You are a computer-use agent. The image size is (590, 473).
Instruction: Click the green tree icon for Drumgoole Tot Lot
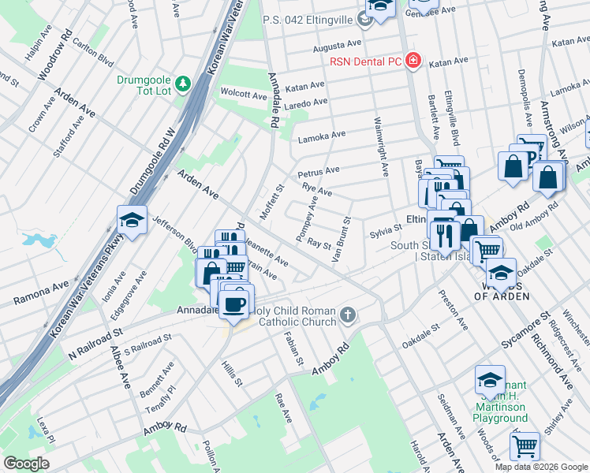coord(183,82)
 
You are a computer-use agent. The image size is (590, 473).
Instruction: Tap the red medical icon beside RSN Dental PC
coord(412,61)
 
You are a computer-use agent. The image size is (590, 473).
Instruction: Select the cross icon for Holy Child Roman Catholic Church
coord(349,316)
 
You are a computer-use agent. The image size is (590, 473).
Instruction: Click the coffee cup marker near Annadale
coord(234,303)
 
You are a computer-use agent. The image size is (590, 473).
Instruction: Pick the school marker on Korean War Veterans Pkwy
coord(132,221)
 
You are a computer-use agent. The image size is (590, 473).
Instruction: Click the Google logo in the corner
coord(27,464)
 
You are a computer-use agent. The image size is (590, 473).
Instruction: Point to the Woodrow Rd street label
coord(57,57)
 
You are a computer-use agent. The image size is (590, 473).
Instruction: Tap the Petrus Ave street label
coord(319,171)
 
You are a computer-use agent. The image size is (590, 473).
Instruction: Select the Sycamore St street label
coord(525,333)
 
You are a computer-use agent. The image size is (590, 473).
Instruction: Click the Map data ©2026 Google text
coord(540,467)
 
